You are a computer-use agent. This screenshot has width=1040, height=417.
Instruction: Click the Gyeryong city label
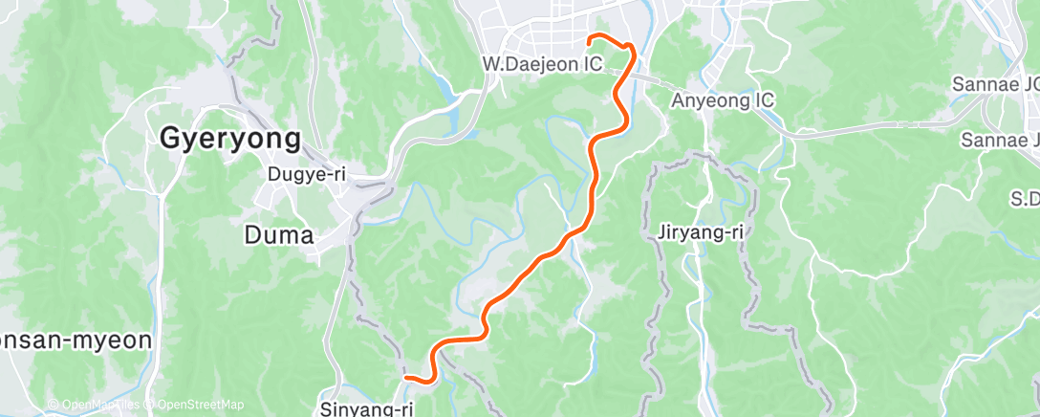[229, 140]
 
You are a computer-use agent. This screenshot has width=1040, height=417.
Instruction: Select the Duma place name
[279, 233]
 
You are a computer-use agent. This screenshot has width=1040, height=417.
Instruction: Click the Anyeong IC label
[722, 100]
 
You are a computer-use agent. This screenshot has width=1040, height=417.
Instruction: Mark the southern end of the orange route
[407, 378]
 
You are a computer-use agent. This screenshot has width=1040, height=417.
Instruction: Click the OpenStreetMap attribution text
[195, 405]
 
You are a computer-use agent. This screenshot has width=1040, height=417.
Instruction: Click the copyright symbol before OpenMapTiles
[54, 405]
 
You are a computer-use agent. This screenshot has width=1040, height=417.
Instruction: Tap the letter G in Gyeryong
[170, 140]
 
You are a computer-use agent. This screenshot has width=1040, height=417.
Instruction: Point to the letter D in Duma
[254, 233]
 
